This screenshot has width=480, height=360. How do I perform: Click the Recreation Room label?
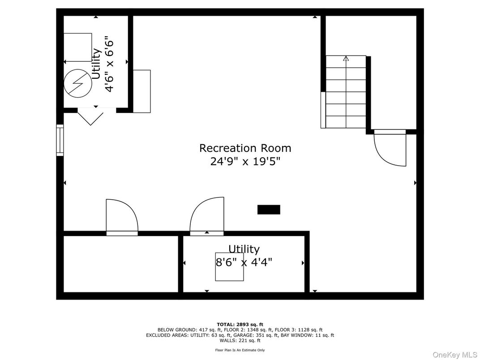click(245, 148)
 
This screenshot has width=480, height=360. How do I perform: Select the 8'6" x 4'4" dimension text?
click(244, 262)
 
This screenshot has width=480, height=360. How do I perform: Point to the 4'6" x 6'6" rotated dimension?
click(109, 64)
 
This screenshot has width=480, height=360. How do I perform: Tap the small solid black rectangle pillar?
click(269, 210)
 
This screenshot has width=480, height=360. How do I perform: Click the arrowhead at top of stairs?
click(346, 58)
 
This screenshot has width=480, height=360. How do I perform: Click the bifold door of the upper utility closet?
click(90, 116)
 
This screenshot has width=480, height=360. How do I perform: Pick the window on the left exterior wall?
click(60, 140)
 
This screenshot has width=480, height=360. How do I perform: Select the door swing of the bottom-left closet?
click(121, 216)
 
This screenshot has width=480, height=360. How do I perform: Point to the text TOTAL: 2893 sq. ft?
click(240, 324)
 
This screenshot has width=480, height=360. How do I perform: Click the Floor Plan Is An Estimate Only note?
click(240, 350)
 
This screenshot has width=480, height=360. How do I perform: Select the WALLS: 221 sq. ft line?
click(240, 340)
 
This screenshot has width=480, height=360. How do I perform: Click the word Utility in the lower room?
click(244, 249)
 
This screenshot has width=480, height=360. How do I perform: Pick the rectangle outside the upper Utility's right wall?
click(142, 91)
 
